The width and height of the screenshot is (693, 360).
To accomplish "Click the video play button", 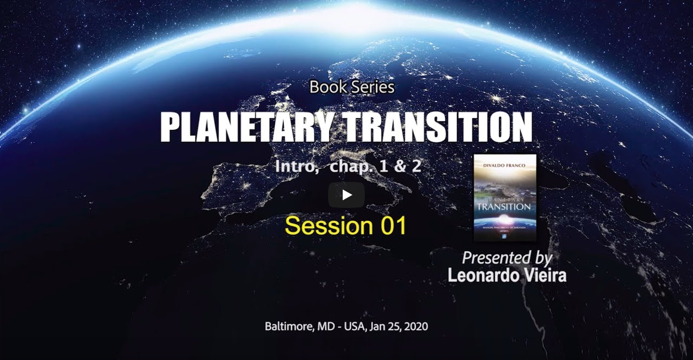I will [346, 195].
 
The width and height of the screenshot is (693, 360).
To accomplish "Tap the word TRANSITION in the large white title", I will [438, 127].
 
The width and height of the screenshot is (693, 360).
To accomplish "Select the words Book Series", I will [352, 87].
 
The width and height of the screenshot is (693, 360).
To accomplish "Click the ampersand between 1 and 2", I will [400, 166].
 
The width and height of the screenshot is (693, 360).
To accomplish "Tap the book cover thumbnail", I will [505, 198].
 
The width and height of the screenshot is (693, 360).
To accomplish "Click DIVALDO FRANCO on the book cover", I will [505, 161].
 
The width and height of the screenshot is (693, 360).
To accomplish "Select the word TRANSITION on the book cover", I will [505, 206].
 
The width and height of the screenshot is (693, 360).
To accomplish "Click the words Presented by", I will [507, 258].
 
